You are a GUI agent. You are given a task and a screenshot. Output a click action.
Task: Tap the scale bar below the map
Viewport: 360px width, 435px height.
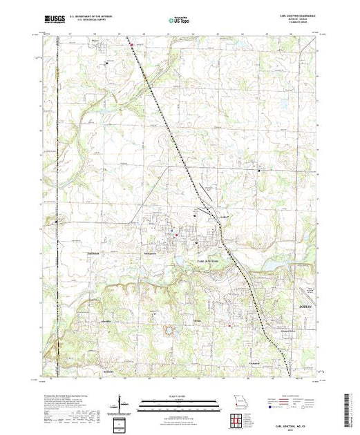click(180, 401)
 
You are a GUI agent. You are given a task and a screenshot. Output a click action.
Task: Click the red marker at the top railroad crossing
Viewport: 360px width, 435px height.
click(131, 48)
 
